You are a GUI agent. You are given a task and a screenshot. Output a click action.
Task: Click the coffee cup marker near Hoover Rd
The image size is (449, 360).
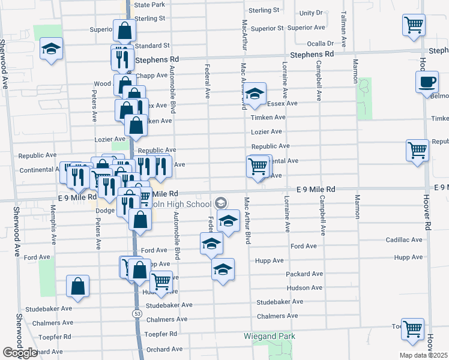[x=427, y=82]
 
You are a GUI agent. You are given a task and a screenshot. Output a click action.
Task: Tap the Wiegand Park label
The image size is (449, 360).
[x=270, y=337]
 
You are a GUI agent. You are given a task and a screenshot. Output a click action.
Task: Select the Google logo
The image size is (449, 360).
[x=20, y=353]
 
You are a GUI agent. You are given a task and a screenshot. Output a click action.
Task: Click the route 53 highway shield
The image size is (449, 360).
[x=137, y=313]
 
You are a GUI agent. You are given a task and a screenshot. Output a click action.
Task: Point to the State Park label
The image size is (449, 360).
[x=149, y=5]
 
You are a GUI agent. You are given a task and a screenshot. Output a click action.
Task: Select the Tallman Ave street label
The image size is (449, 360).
[x=344, y=30]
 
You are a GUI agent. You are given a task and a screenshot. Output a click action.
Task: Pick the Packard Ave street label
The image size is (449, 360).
[x=305, y=274]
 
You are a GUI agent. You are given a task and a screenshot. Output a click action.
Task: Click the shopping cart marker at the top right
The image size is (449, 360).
[x=413, y=25]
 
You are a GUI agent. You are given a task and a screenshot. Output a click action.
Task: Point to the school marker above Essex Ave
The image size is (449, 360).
[x=255, y=93]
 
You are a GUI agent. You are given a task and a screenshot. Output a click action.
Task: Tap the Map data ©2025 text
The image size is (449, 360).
[x=424, y=355]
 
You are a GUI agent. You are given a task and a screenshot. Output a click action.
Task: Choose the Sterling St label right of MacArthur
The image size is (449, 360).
[x=264, y=11]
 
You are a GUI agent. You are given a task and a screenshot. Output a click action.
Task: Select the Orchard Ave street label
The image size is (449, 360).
[x=164, y=349]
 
